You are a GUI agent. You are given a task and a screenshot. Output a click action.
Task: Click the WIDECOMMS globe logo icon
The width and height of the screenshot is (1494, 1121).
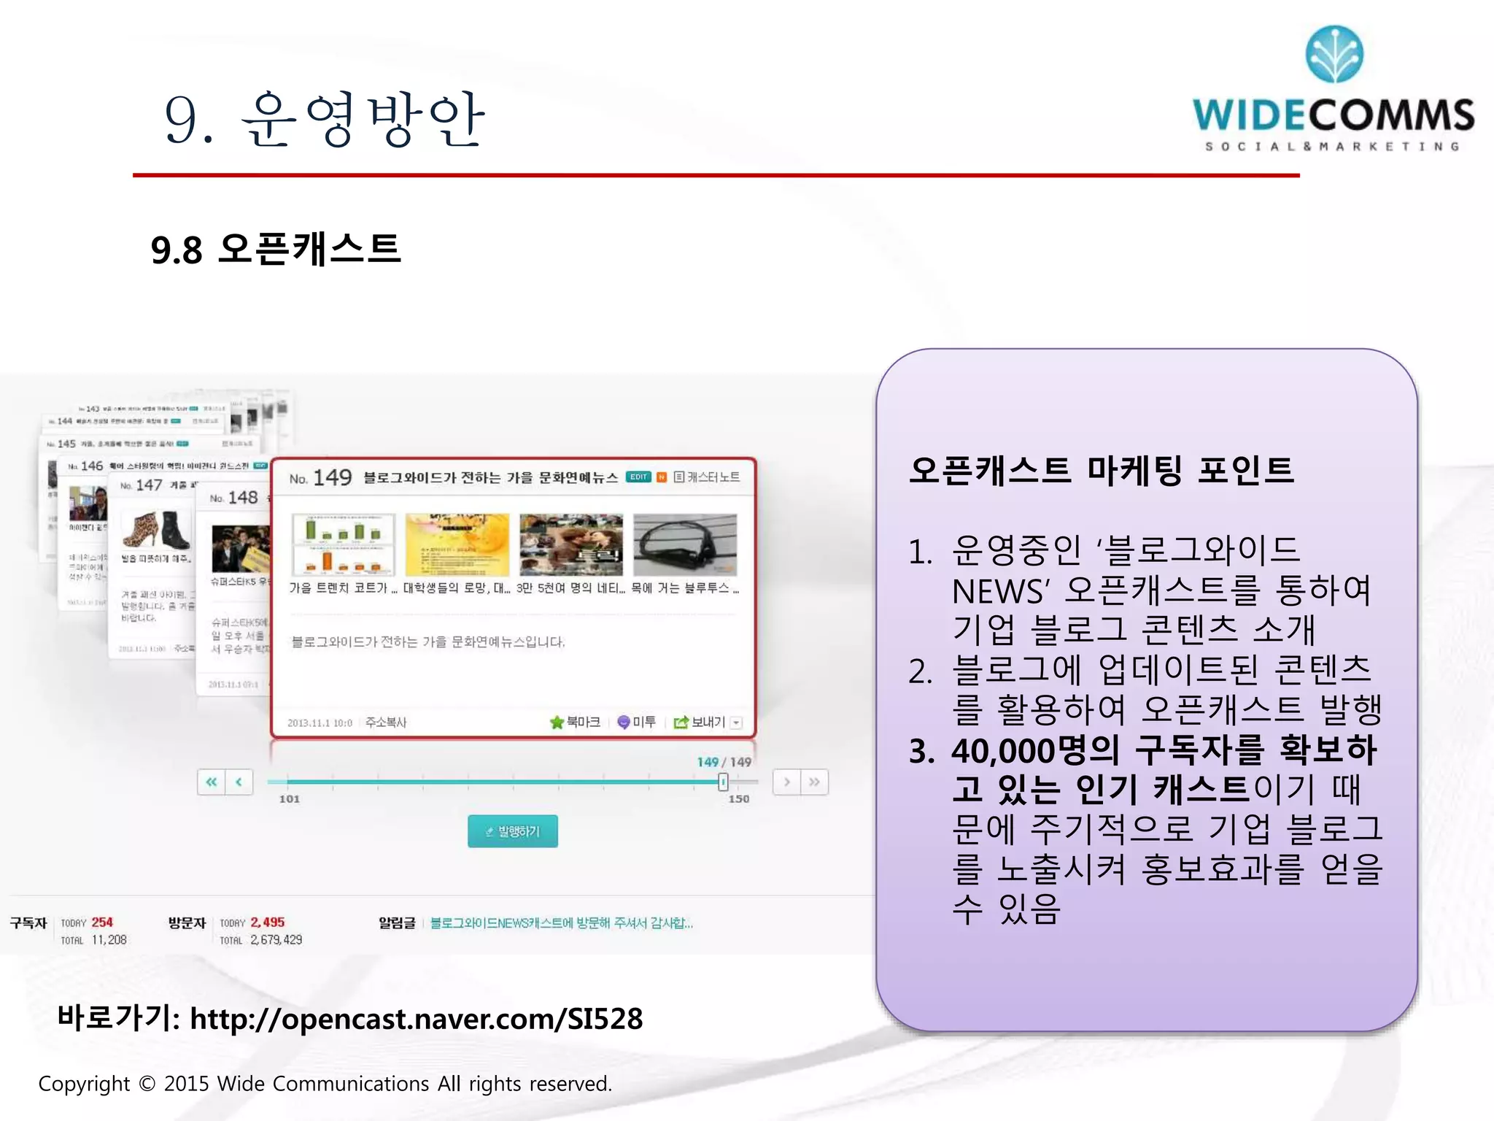[x=1334, y=54]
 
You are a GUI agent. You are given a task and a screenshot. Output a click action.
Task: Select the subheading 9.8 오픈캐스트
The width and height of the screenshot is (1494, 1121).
[x=276, y=250]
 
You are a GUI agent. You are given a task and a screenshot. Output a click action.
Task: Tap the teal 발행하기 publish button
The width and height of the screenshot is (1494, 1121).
[x=512, y=831]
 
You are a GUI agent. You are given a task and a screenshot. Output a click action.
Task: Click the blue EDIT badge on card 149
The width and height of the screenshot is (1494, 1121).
[x=638, y=477]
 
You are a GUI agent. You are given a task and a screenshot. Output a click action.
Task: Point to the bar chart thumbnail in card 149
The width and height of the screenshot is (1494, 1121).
[x=343, y=544]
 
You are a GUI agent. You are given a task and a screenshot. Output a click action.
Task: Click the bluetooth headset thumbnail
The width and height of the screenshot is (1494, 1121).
[x=685, y=544]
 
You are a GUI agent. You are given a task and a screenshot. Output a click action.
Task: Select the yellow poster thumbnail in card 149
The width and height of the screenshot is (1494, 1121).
[x=457, y=544]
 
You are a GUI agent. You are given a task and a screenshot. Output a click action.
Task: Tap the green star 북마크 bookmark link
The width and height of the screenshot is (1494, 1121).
[x=575, y=722]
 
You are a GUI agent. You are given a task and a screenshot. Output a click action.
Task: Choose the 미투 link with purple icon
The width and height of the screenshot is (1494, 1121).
[x=636, y=722]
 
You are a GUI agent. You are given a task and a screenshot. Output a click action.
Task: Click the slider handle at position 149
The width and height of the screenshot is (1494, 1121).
[x=722, y=782]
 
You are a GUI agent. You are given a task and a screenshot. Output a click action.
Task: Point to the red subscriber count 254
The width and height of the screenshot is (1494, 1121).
[x=102, y=922]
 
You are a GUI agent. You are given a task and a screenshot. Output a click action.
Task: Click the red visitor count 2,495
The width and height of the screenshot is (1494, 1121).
[x=268, y=922]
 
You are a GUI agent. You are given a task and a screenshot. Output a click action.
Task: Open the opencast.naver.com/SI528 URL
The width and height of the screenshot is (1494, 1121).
[x=417, y=1019]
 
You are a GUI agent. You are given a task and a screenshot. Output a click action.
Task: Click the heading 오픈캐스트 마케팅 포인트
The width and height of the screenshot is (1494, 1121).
[x=1102, y=470]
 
